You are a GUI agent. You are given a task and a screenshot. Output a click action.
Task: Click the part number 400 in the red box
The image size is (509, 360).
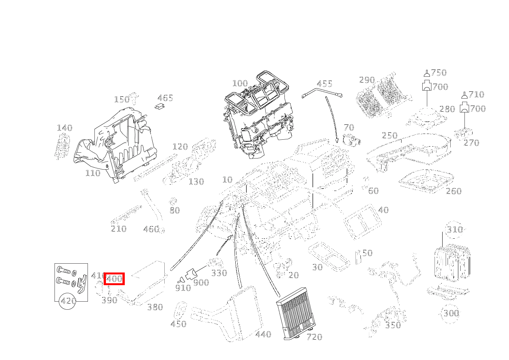[114, 279]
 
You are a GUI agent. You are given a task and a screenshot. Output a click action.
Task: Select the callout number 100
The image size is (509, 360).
[240, 83]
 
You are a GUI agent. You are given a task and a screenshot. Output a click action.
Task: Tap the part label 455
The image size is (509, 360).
[324, 84]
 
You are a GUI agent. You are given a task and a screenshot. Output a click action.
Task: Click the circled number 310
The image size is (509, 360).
[454, 230]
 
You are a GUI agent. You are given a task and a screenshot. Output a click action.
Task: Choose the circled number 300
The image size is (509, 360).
[451, 313]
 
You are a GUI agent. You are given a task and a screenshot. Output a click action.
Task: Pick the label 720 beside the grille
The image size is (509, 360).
[314, 337]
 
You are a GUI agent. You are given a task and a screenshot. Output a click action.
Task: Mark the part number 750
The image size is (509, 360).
[439, 73]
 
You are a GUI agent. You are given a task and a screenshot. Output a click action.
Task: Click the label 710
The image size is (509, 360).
[476, 94]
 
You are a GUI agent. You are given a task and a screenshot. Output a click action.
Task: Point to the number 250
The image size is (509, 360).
[389, 135]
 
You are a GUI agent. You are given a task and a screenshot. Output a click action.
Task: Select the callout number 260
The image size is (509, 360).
[453, 191]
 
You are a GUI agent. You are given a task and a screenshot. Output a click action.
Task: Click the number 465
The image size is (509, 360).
[165, 98]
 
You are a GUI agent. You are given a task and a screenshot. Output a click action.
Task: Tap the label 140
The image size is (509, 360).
[64, 128]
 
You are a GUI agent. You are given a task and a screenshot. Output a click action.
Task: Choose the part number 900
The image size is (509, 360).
[201, 282]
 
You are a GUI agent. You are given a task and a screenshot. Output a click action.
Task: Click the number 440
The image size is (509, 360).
[263, 334]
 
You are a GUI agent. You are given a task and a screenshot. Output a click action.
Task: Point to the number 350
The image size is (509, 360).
[393, 325]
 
